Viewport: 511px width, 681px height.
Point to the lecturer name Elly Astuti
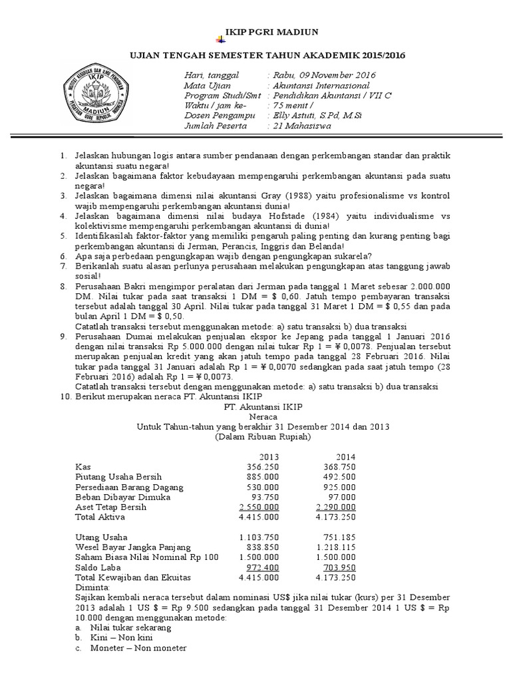point(314,115)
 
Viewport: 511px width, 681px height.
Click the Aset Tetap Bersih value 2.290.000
point(335,507)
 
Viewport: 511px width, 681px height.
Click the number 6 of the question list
point(63,256)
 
